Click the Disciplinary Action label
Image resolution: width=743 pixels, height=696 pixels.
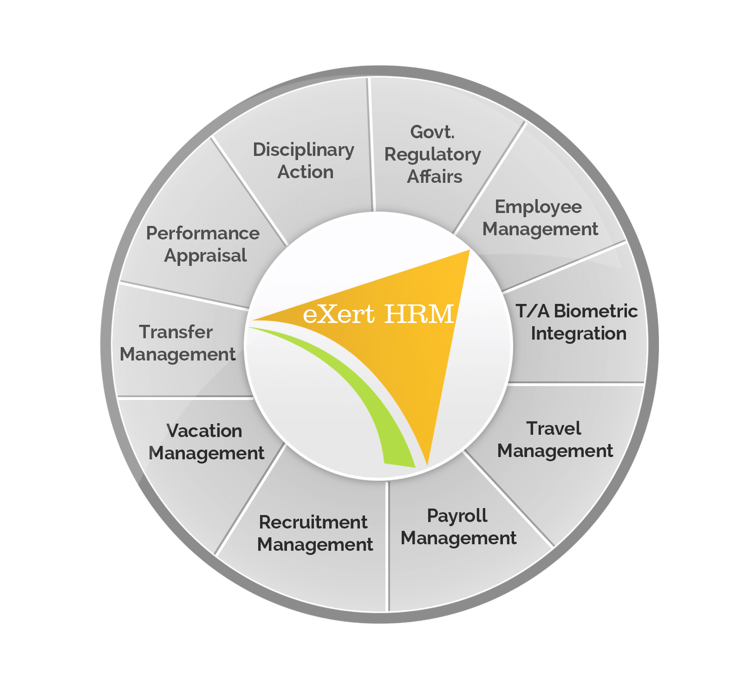pyautogui.click(x=304, y=161)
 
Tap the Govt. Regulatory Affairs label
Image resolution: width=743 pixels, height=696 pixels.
pyautogui.click(x=433, y=155)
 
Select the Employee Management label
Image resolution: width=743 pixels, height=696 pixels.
pyautogui.click(x=540, y=218)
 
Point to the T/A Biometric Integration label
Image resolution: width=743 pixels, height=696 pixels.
pyautogui.click(x=577, y=322)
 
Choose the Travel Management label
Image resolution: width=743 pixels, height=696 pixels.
pyautogui.click(x=554, y=439)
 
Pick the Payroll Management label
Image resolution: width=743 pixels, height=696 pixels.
pyautogui.click(x=458, y=527)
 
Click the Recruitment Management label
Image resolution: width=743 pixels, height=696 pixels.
pyautogui.click(x=314, y=533)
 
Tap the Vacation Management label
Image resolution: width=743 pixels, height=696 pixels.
pyautogui.click(x=206, y=442)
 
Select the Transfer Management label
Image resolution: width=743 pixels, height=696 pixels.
pyautogui.click(x=177, y=343)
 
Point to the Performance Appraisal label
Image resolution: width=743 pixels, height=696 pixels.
pyautogui.click(x=203, y=244)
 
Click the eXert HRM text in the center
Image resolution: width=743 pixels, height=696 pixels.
pyautogui.click(x=378, y=314)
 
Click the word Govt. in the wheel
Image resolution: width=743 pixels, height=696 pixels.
pyautogui.click(x=432, y=132)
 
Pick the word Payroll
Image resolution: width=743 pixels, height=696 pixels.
pyautogui.click(x=457, y=516)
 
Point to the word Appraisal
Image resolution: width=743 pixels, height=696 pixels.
pyautogui.click(x=205, y=256)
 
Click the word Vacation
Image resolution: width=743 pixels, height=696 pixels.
pyautogui.click(x=204, y=431)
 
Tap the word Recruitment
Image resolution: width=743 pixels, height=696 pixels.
pyautogui.click(x=313, y=522)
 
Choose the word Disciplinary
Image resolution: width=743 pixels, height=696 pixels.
pyautogui.click(x=304, y=150)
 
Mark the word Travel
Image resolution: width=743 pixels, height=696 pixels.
pyautogui.click(x=554, y=428)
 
